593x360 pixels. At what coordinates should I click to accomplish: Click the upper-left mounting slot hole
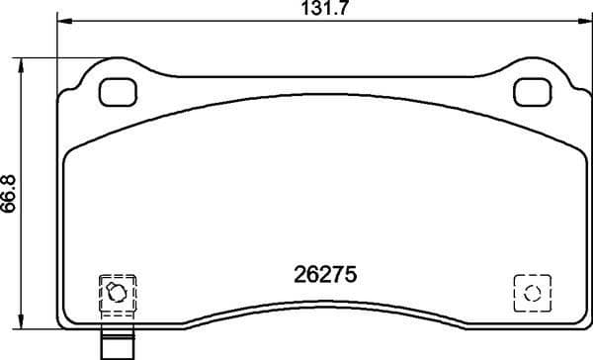point(120,92)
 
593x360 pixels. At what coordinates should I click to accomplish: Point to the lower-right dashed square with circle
point(532,293)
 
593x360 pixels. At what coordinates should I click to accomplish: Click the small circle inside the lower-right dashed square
point(532,293)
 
